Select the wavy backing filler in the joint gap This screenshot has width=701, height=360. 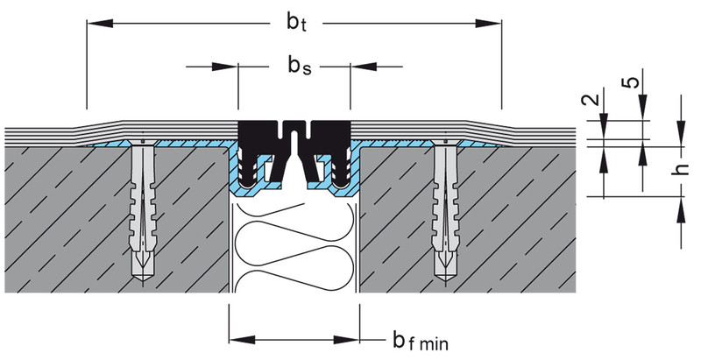294,245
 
